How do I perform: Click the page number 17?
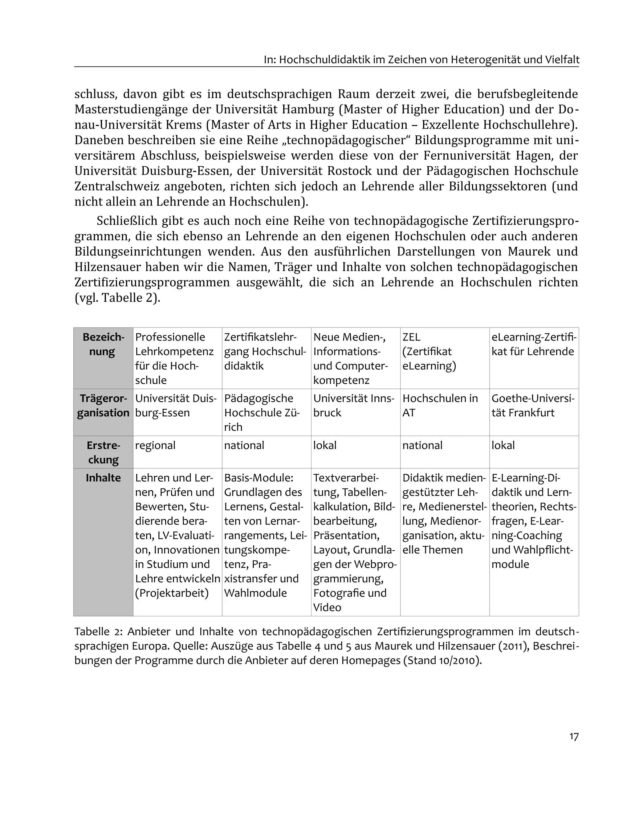coord(574,737)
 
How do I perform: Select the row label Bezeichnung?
coord(103,345)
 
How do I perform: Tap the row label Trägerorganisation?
coord(103,406)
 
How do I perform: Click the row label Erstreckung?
coord(103,452)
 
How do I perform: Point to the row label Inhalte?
coord(103,478)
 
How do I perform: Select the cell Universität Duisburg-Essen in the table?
coord(176,406)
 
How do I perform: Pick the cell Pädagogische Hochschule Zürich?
coord(262,413)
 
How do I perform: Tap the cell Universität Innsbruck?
coord(353,406)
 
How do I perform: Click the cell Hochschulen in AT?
coord(440,406)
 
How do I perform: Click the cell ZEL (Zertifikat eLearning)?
coord(429,352)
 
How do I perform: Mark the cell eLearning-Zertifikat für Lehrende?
coord(533,345)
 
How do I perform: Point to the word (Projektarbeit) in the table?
coord(172,593)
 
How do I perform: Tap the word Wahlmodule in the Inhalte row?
coord(255,593)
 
